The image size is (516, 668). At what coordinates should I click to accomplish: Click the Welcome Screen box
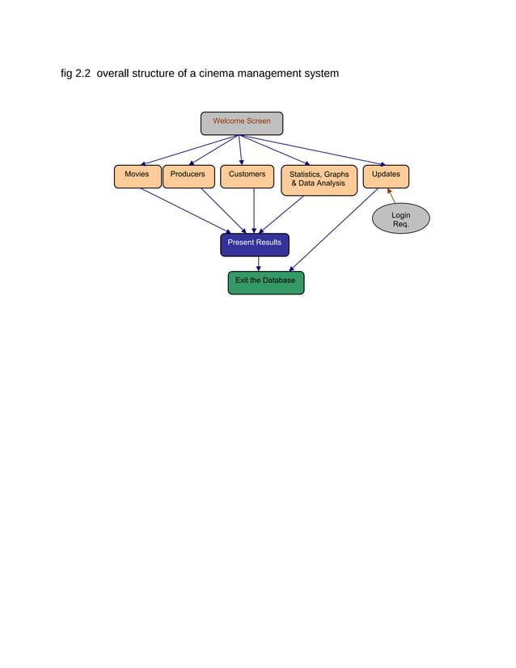pyautogui.click(x=241, y=123)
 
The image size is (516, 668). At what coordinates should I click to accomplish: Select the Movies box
pyautogui.click(x=137, y=176)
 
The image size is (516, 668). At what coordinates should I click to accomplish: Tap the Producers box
pyautogui.click(x=188, y=176)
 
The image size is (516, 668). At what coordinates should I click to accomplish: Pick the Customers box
pyautogui.click(x=247, y=176)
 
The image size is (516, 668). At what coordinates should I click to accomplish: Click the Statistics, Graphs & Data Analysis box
pyautogui.click(x=319, y=180)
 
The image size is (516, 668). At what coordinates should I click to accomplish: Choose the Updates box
pyautogui.click(x=386, y=176)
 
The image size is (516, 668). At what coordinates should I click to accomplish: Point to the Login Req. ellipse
pyautogui.click(x=400, y=219)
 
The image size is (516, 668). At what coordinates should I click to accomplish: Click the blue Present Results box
pyautogui.click(x=254, y=244)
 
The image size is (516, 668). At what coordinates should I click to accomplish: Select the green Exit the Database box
pyautogui.click(x=265, y=282)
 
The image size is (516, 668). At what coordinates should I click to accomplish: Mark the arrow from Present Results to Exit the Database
pyautogui.click(x=258, y=264)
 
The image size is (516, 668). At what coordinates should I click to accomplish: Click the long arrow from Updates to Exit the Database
pyautogui.click(x=333, y=230)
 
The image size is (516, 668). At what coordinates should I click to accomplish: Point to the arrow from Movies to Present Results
pyautogui.click(x=184, y=211)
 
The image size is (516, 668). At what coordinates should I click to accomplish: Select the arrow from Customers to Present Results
pyautogui.click(x=254, y=210)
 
